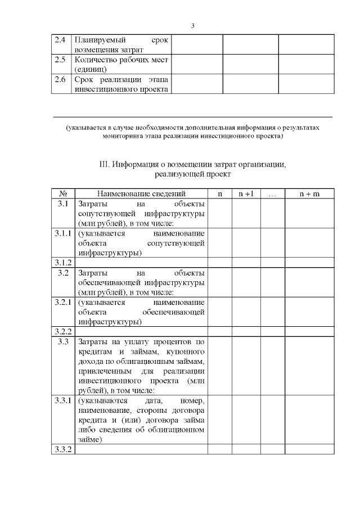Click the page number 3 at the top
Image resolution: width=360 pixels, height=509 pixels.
pos(192,26)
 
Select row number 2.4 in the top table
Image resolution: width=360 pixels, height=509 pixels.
pos(60,40)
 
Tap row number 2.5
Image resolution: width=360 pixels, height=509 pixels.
pos(60,60)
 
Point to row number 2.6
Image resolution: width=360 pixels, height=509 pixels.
pos(60,79)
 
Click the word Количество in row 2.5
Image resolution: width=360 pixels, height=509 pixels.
pos(96,60)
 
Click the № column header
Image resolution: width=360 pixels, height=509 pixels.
pos(63,193)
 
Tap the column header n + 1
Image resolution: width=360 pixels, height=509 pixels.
pos(246,193)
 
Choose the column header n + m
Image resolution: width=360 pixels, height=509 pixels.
pos(309,193)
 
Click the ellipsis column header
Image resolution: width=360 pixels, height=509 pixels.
pos(272,193)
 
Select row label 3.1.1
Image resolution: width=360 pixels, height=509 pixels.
pos(63,233)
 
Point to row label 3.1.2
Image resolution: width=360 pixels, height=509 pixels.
pos(63,263)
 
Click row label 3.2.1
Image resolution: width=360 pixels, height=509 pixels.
pos(63,302)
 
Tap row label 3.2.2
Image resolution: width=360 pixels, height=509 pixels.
pos(63,331)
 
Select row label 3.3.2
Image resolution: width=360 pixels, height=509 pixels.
pos(63,449)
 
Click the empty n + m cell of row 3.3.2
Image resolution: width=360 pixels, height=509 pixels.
pos(309,449)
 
